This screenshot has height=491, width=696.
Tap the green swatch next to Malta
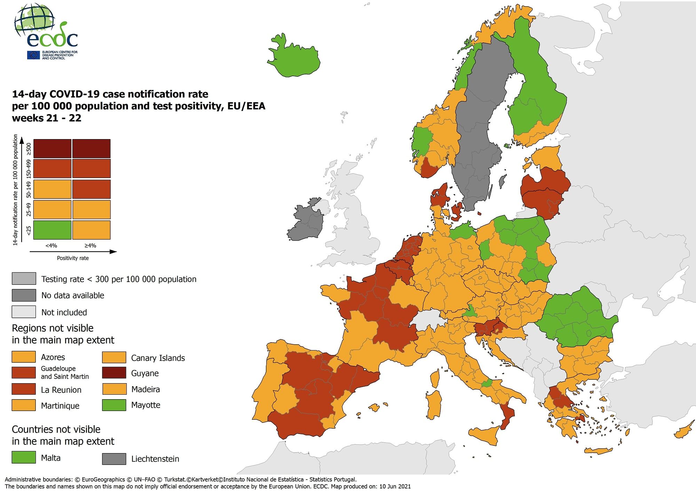24,457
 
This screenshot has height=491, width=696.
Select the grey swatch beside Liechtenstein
114,458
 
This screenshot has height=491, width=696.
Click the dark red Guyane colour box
114,373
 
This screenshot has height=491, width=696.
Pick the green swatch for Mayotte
114,405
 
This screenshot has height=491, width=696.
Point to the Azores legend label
53,357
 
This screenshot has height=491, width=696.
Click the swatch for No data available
24,295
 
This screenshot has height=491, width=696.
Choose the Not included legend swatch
24,312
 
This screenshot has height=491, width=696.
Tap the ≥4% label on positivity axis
90,245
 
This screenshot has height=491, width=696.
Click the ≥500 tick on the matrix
29,149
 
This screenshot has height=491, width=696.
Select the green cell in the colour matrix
52,230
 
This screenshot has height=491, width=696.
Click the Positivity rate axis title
73,258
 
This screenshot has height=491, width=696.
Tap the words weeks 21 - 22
47,118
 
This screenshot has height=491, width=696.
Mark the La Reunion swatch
24,389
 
